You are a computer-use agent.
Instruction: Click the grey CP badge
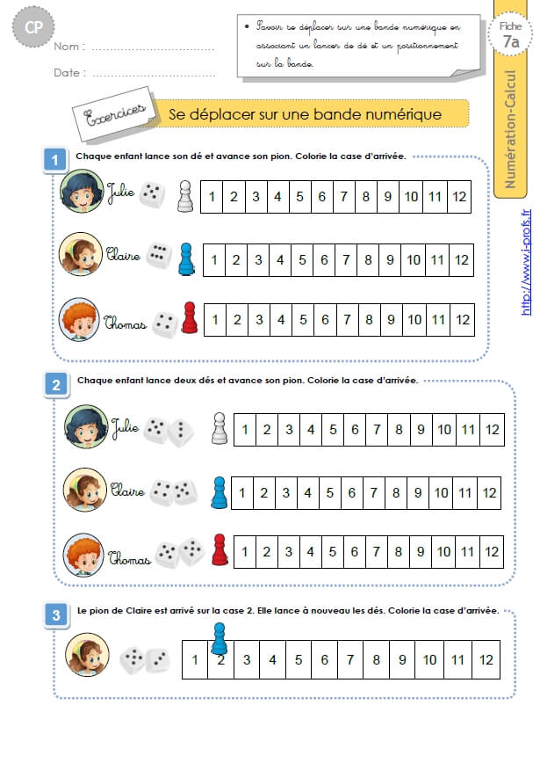[33, 27]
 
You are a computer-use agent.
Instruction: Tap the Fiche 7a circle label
[510, 34]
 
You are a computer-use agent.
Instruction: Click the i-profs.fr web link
[526, 262]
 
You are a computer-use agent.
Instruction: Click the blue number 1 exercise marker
[55, 160]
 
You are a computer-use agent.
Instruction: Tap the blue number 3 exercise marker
[56, 615]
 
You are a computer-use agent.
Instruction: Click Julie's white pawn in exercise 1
[184, 197]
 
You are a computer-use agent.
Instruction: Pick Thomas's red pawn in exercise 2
[220, 550]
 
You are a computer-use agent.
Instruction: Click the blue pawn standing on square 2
[220, 638]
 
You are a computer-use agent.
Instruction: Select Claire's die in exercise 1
[158, 255]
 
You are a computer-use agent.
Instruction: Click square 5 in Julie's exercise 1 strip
[300, 197]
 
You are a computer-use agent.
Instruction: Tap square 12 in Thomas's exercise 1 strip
[463, 320]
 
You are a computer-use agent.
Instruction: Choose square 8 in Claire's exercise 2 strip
[396, 493]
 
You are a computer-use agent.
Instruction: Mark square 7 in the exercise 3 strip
[350, 660]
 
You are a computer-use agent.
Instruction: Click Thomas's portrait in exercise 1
[79, 319]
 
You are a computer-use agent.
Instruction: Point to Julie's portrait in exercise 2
[85, 426]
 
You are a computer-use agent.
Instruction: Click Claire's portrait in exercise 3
[87, 655]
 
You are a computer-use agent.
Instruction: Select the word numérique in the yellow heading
[404, 114]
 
